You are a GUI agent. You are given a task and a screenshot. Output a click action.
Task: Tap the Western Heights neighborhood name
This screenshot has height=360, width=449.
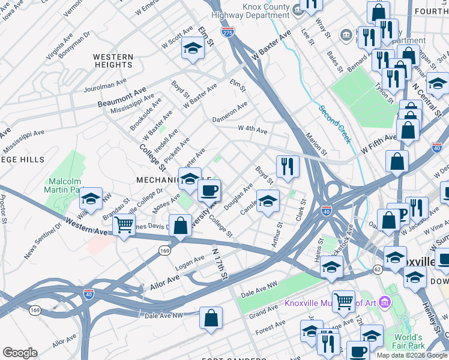coord(113,61)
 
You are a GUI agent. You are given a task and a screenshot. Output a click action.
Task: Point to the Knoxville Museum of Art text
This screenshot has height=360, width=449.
coord(331,302)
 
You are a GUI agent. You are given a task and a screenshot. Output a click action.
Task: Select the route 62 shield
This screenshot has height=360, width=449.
coord(377,270)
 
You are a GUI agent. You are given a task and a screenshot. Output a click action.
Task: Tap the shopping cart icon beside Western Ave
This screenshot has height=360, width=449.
coord(124,226)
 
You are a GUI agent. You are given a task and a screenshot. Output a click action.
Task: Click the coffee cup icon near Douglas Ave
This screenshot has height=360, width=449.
coord(209,191)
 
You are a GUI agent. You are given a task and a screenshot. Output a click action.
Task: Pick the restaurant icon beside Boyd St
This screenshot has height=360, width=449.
coord(288,166)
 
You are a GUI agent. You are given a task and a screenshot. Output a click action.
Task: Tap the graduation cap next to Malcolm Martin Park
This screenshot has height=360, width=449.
coord(91,199)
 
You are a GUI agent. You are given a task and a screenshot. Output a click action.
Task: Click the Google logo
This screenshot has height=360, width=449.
coord(20,353)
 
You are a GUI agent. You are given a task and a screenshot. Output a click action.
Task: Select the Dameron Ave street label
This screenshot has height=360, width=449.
coord(229,113)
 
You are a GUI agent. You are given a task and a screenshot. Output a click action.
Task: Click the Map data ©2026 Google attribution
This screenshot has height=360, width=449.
coord(411,355)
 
